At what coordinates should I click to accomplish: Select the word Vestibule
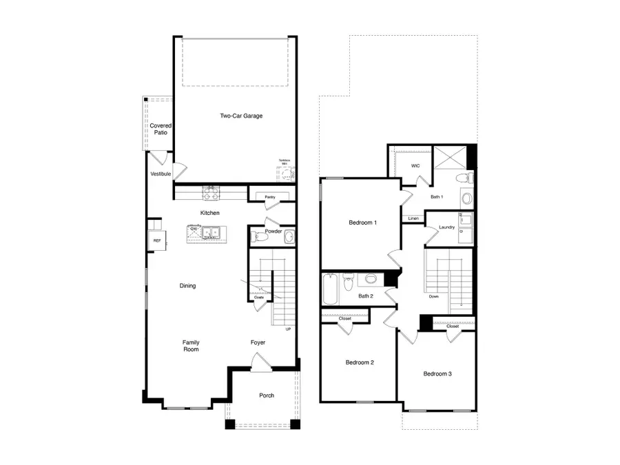coord(161,174)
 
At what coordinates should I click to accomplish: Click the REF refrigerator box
coord(157,240)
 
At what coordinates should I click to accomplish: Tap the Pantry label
coord(269,198)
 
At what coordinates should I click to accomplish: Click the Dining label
coord(187,286)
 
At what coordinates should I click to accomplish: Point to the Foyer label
coord(258,342)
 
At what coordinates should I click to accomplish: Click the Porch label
coord(267,395)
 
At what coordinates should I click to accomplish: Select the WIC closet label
coord(415,166)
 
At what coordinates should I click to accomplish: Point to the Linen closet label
coord(413,218)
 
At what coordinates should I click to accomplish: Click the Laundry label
coord(446,228)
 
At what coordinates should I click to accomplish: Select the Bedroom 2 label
coord(360,362)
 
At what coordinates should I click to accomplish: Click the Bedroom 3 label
coord(437,374)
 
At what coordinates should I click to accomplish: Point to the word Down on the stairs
coord(433,297)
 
